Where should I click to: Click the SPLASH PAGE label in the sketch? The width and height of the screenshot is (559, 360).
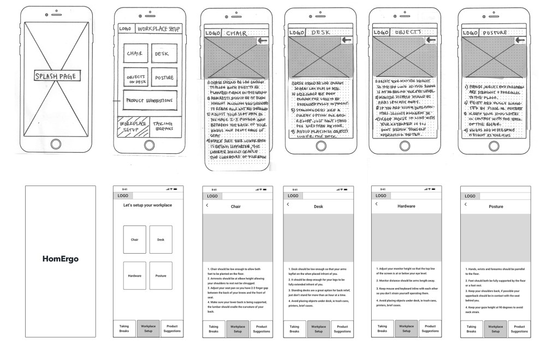(x=56, y=76)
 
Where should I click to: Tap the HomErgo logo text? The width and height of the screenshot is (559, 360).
(x=61, y=259)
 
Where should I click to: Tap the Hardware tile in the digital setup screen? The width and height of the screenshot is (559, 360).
(x=134, y=275)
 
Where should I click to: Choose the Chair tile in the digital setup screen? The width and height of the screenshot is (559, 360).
(x=134, y=239)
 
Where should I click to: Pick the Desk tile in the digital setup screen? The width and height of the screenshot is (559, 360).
(x=160, y=239)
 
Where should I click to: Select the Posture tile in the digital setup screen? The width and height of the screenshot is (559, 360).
(x=160, y=275)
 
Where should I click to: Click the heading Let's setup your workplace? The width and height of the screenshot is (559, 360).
(x=147, y=205)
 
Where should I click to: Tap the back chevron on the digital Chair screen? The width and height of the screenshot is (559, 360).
(x=207, y=205)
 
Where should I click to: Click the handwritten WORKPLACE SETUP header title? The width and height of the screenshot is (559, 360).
(x=159, y=29)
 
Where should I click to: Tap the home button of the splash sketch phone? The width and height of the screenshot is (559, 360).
(x=56, y=144)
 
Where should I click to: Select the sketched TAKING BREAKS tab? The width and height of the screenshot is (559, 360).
(x=162, y=125)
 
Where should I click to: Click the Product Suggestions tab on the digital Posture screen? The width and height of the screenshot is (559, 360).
(x=520, y=328)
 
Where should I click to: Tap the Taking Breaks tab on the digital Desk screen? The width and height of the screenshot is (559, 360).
(x=294, y=328)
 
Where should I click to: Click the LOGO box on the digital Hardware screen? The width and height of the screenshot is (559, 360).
(x=380, y=195)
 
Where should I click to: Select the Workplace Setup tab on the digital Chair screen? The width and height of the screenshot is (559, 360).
(x=237, y=328)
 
